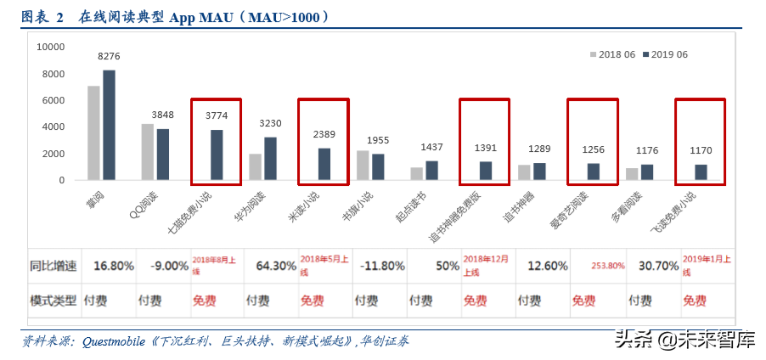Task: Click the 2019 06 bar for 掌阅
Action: (x=109, y=125)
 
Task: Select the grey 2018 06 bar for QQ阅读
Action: (x=148, y=152)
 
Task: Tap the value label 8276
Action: (x=109, y=56)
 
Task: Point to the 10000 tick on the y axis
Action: (x=51, y=48)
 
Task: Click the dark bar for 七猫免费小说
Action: (x=217, y=155)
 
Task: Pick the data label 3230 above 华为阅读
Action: (x=269, y=123)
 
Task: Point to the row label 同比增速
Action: (x=55, y=266)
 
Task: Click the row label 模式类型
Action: (x=55, y=301)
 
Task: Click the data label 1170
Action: (x=701, y=150)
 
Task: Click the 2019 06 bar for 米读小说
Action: (x=324, y=164)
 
